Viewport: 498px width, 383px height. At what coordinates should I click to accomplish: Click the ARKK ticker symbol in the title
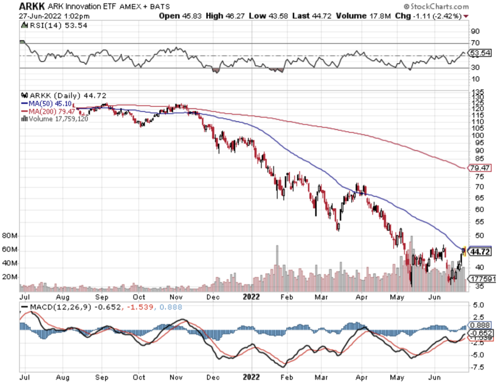32,6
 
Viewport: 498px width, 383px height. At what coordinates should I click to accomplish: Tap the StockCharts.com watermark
436,6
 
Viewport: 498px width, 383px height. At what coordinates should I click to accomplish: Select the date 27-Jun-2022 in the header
40,16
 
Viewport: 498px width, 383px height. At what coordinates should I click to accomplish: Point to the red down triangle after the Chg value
466,16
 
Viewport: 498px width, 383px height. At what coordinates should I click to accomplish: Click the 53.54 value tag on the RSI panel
480,53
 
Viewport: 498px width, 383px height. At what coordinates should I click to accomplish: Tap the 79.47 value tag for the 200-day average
480,168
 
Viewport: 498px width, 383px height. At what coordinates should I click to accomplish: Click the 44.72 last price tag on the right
480,252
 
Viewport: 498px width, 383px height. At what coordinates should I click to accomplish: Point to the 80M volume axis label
9,236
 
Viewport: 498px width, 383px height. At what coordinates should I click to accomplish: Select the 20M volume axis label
9,277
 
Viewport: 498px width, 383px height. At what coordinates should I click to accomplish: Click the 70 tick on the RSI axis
475,43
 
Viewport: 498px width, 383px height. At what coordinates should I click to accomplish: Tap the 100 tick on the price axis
477,135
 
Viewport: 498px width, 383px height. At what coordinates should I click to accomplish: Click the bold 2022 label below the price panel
251,297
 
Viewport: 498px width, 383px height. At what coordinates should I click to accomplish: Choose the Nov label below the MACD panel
176,377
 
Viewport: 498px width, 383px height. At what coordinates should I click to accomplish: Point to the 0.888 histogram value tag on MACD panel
480,325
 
